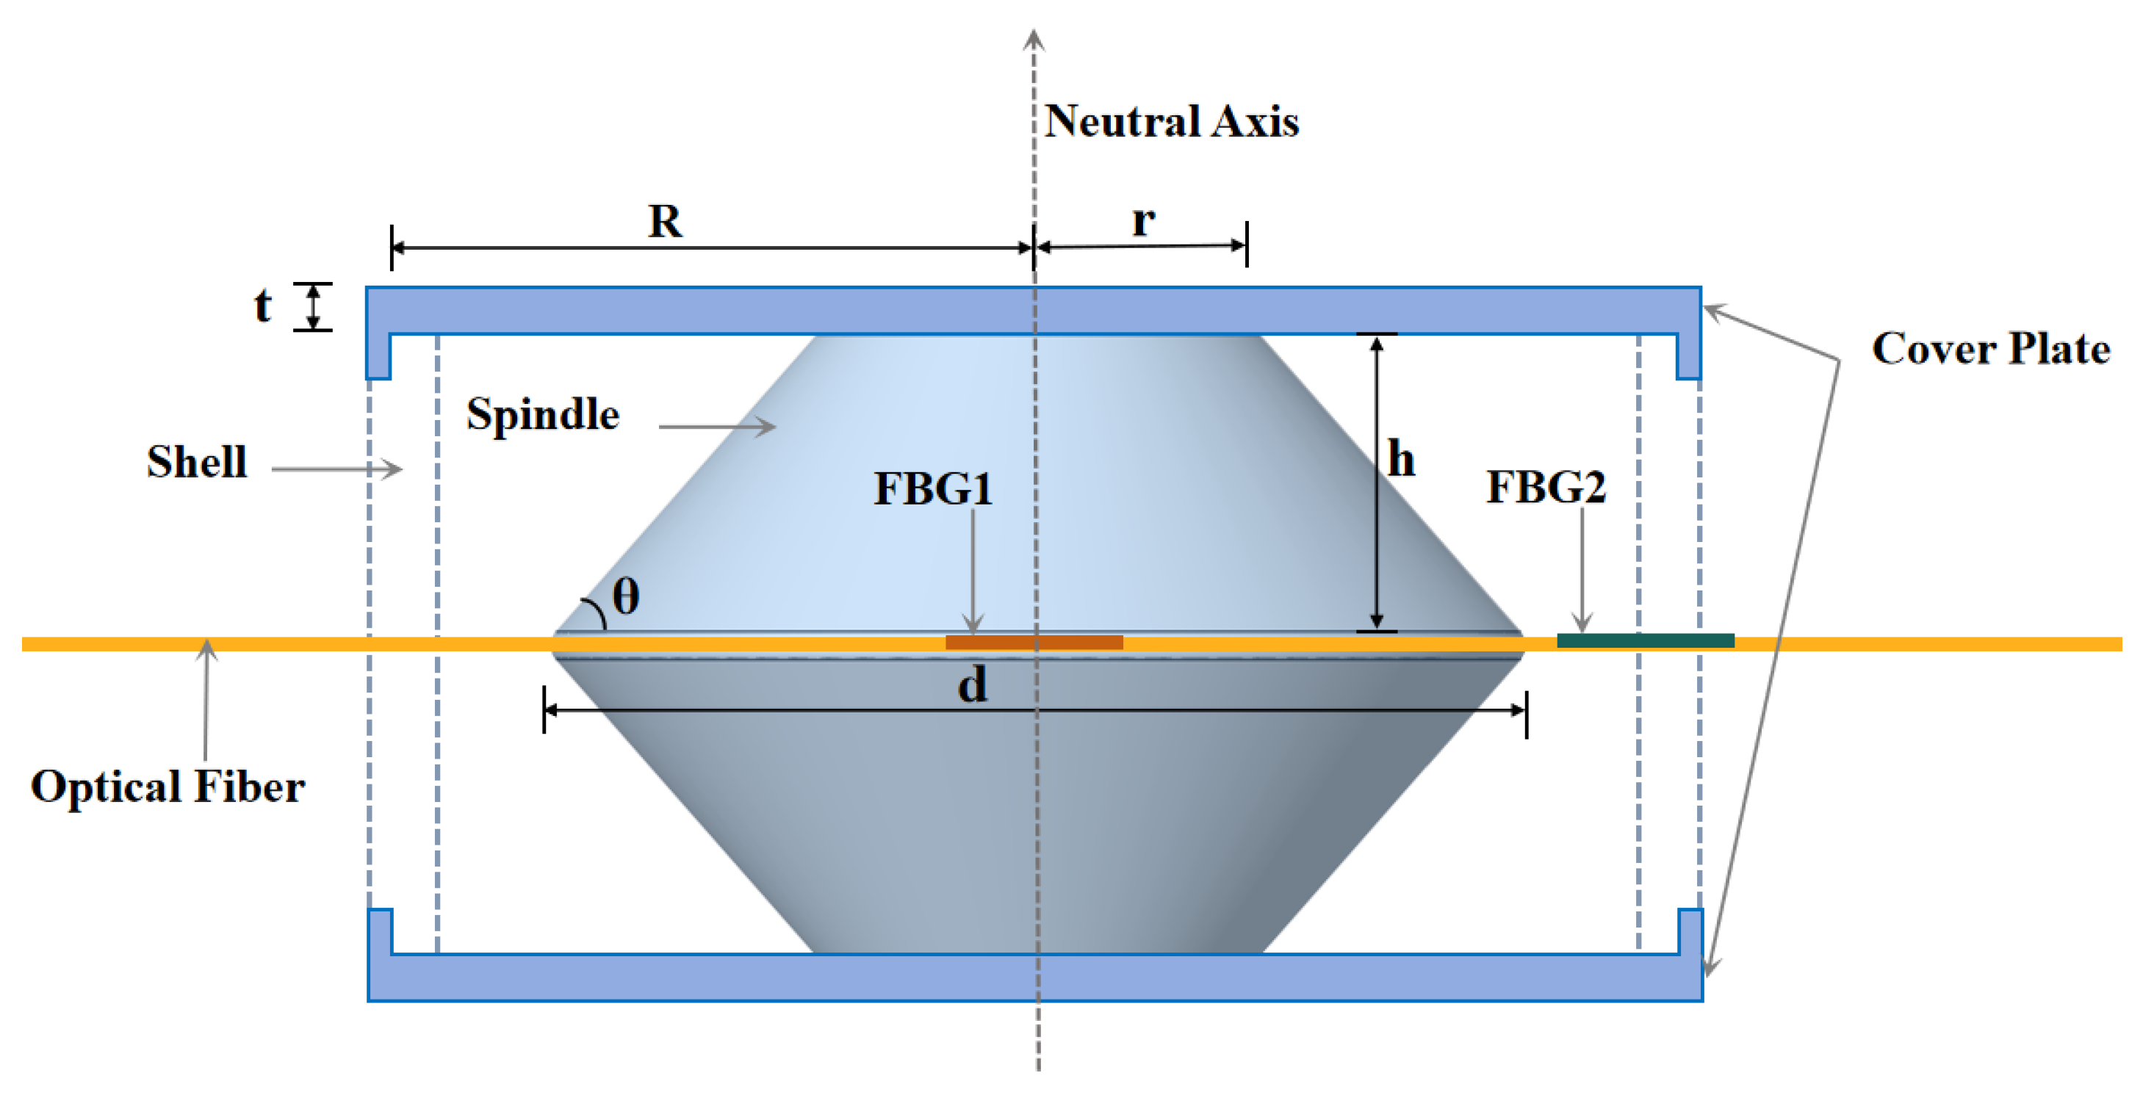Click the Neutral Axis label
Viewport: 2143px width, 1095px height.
point(1170,121)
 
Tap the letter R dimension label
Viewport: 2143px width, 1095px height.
point(665,221)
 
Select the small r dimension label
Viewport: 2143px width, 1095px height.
point(1144,221)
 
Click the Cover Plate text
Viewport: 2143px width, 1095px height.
point(1990,348)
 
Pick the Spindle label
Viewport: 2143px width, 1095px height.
point(542,414)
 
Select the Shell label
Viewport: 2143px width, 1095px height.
point(197,461)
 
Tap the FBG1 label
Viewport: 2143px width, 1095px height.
point(932,488)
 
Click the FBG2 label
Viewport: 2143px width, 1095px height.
point(1546,487)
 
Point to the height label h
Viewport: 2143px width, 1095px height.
point(1401,459)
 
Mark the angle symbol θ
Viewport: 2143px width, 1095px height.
point(626,597)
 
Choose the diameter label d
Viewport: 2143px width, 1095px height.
point(972,686)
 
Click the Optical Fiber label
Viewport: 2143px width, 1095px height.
point(168,787)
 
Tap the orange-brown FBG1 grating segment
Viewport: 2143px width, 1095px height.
point(1034,642)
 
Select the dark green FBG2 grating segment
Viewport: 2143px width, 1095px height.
point(1645,640)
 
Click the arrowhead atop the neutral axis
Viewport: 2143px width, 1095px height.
point(1033,39)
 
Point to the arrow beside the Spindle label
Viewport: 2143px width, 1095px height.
point(717,427)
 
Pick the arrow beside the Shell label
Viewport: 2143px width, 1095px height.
point(337,469)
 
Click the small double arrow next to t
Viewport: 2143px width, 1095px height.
point(313,306)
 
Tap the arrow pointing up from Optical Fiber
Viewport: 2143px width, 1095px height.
point(206,698)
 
